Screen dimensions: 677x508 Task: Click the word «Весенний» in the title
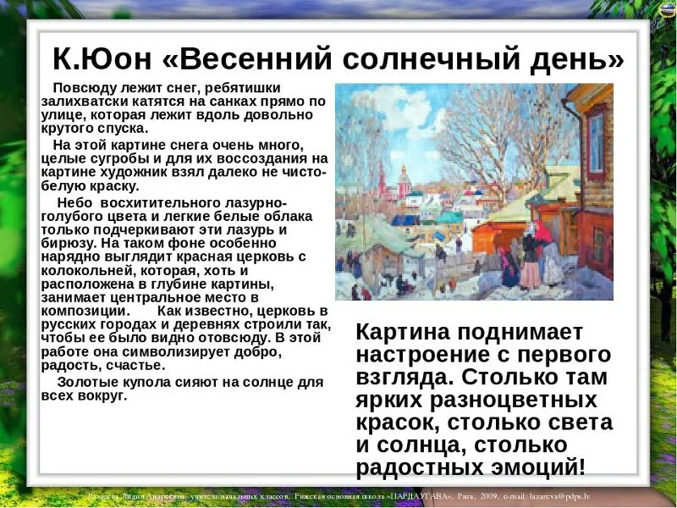tap(256, 58)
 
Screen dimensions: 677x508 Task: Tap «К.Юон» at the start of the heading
tap(102, 58)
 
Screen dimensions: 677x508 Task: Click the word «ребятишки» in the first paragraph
tap(243, 88)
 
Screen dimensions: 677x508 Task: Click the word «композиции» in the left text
tap(84, 311)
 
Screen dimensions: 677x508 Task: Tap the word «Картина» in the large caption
tap(403, 332)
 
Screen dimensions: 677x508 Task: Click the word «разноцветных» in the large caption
tap(513, 400)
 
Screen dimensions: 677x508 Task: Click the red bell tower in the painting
tap(382, 179)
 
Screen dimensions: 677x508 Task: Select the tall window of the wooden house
tap(597, 142)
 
